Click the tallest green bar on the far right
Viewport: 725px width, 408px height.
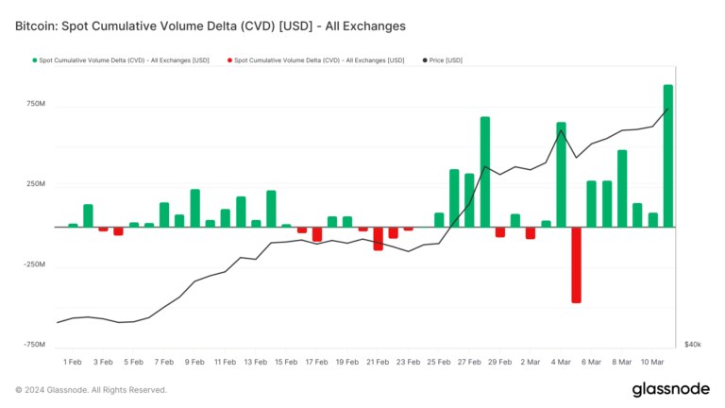(x=668, y=156)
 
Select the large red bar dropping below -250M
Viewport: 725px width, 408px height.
(x=576, y=264)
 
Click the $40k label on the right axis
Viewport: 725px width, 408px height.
(x=692, y=345)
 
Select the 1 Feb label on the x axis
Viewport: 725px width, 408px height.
(x=73, y=362)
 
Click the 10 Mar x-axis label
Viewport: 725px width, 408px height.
(x=652, y=362)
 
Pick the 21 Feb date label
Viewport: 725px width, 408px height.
(x=378, y=362)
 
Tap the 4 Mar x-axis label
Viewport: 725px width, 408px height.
(x=561, y=362)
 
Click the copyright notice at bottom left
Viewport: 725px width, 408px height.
(x=91, y=389)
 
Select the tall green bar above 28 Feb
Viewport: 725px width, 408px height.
(x=484, y=172)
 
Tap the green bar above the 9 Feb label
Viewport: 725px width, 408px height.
(x=194, y=208)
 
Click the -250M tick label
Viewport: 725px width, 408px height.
(x=31, y=264)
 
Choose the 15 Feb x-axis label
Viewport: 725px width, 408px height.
(x=286, y=362)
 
